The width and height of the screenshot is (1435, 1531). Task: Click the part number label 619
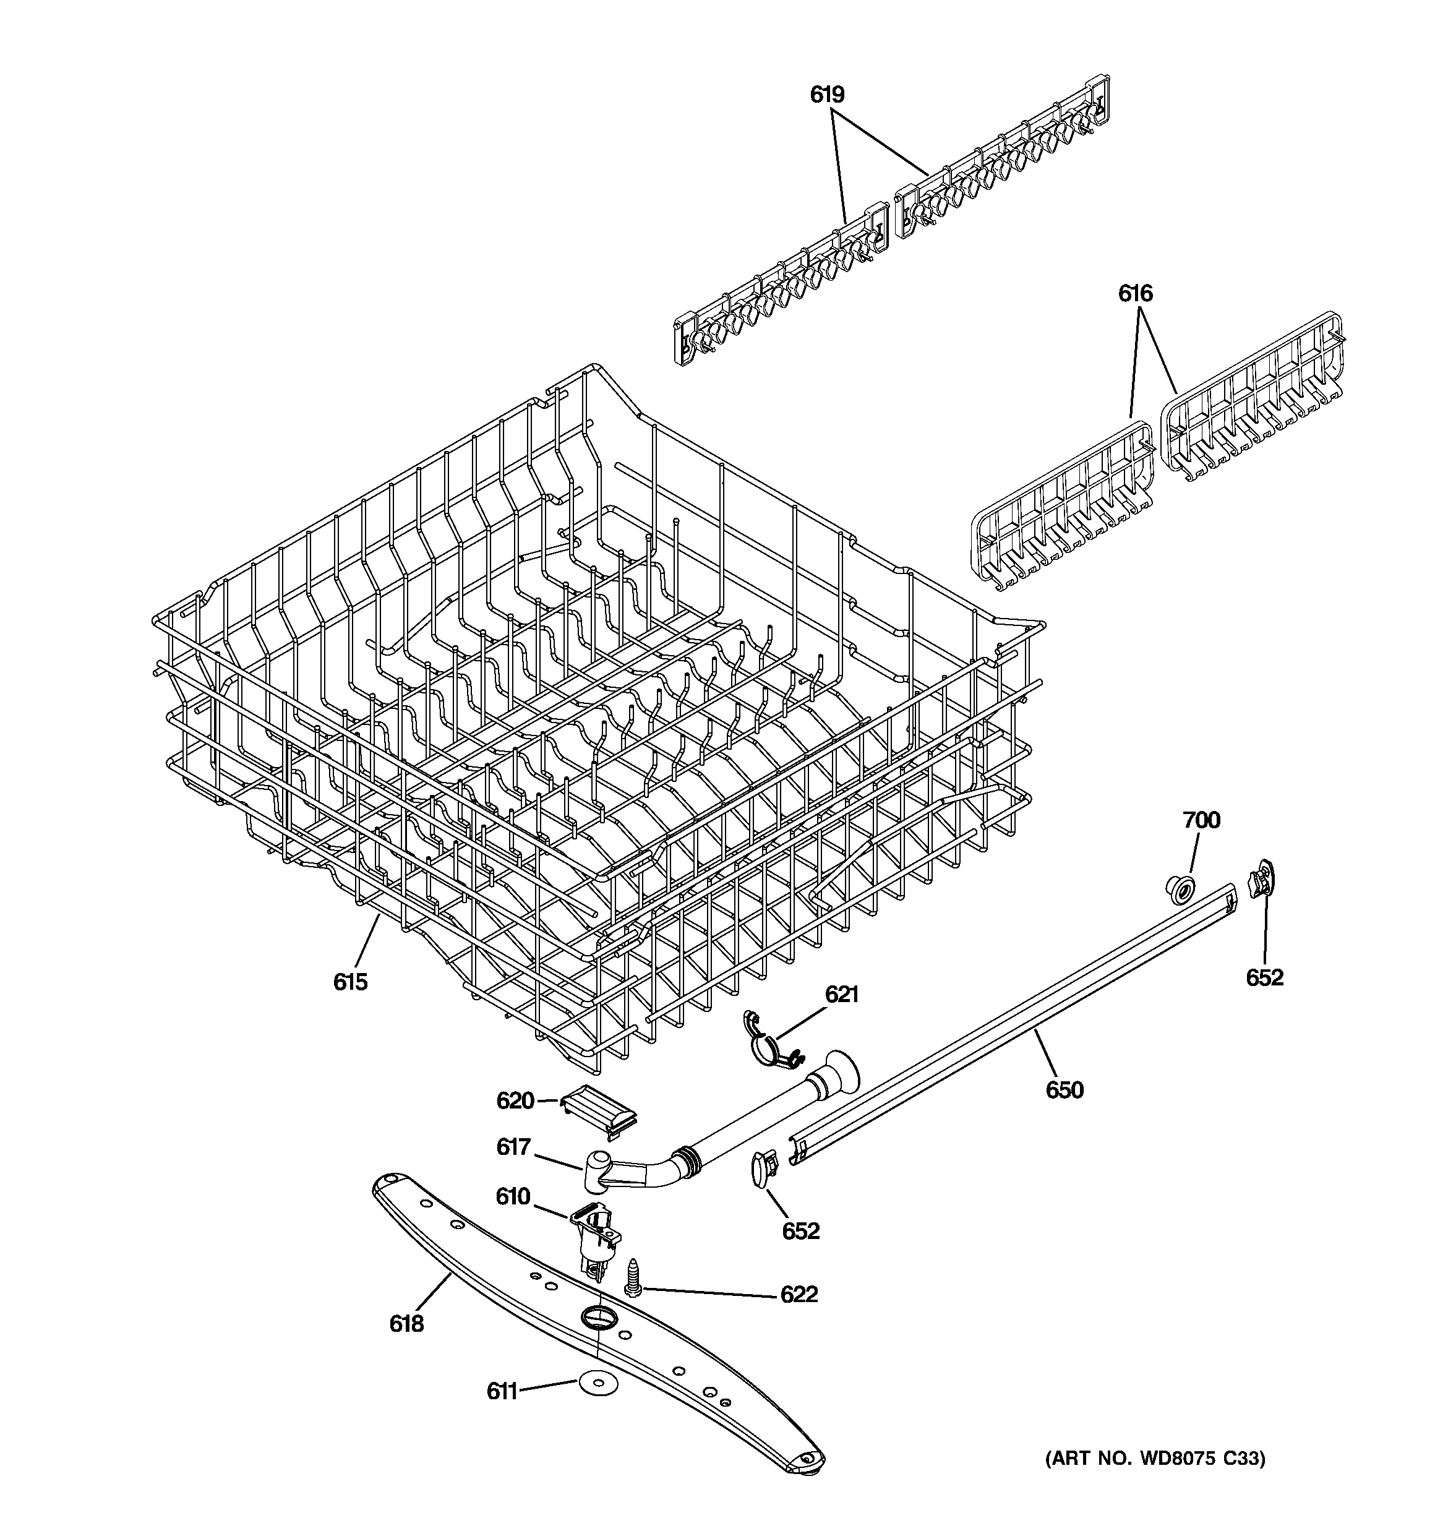click(826, 95)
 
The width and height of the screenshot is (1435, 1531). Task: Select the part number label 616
click(1136, 293)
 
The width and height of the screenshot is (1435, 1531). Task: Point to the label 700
click(1201, 820)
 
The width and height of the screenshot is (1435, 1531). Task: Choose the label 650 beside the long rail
click(1064, 1090)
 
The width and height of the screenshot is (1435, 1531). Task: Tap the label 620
click(515, 1100)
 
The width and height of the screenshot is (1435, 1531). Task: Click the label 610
click(512, 1196)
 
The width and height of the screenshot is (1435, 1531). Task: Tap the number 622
click(799, 1295)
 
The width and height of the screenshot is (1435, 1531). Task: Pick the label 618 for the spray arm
click(406, 1324)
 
